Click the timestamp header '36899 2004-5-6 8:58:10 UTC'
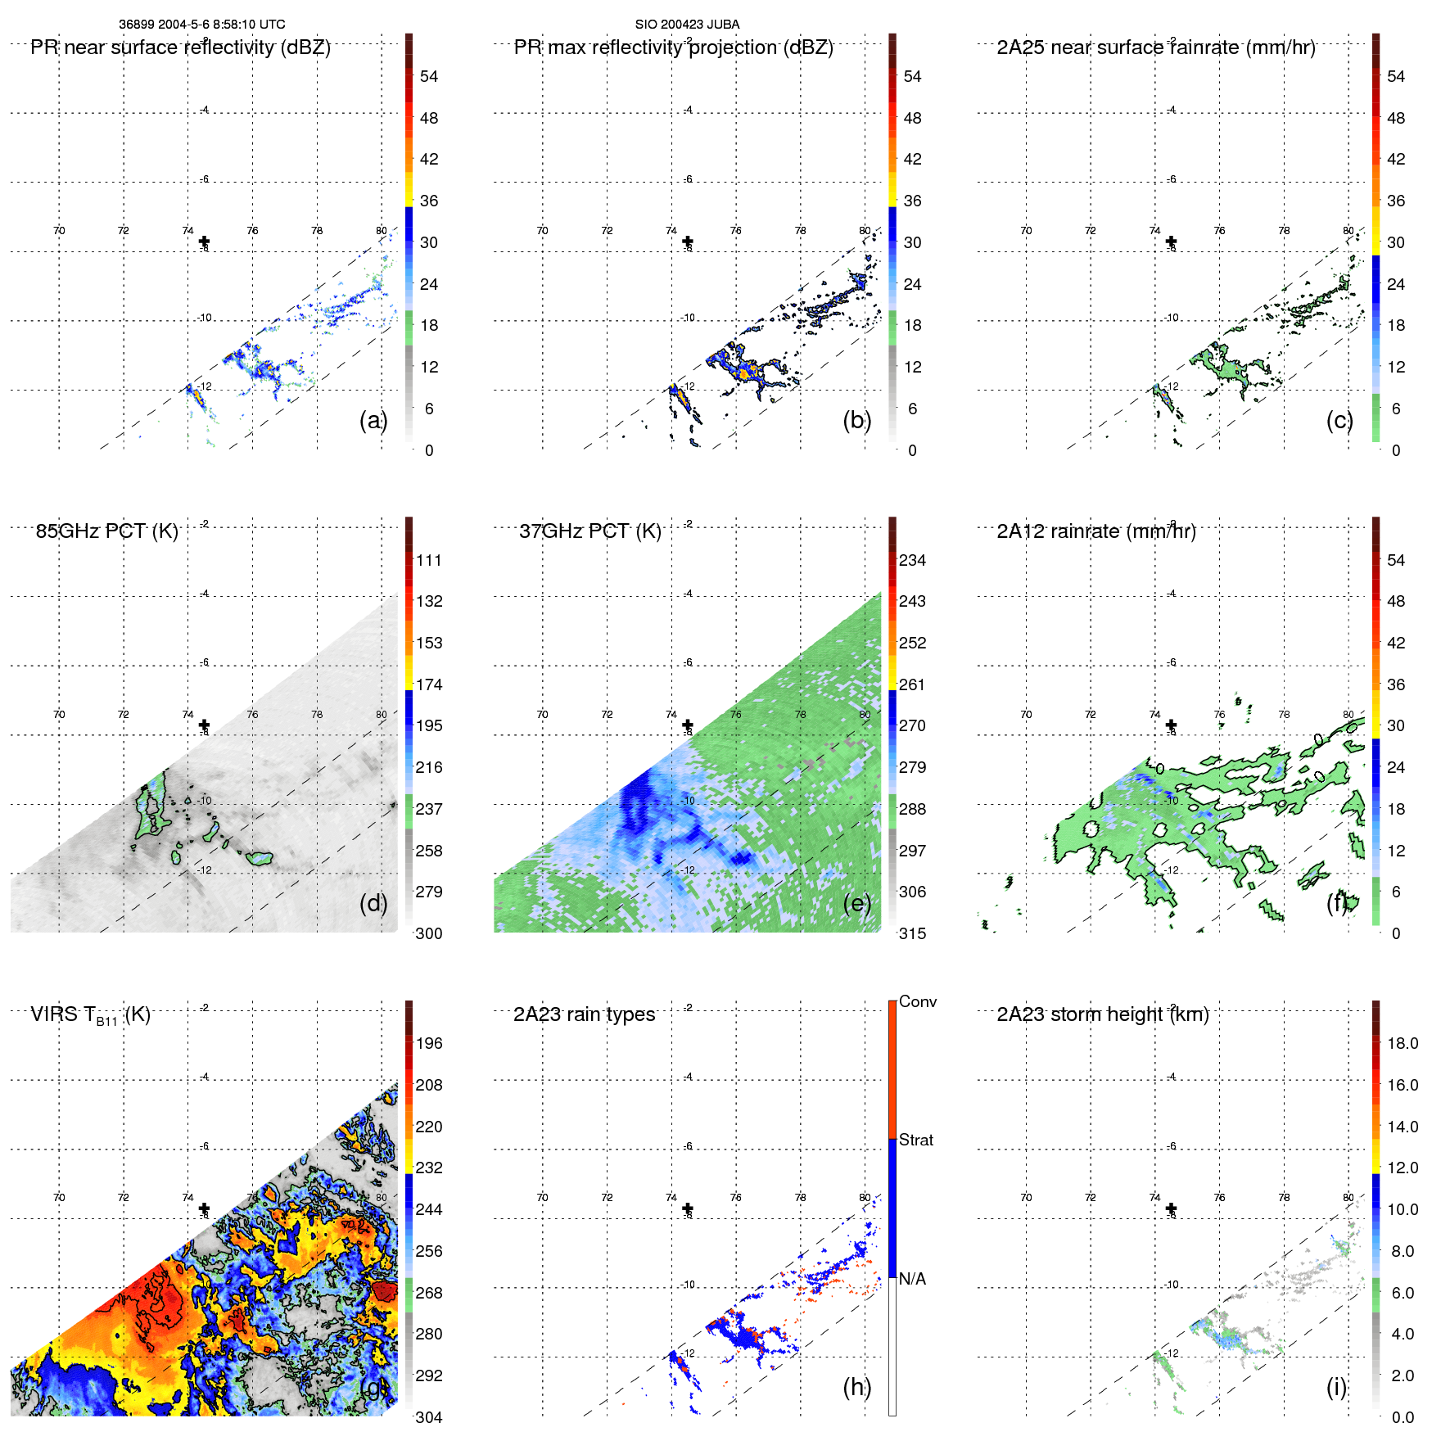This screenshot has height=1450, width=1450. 202,25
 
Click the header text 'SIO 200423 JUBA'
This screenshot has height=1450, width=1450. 687,25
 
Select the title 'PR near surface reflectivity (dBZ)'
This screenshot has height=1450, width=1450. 180,47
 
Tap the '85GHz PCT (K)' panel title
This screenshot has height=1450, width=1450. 106,531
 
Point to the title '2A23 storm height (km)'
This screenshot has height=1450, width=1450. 1102,1014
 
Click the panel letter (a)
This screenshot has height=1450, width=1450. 373,420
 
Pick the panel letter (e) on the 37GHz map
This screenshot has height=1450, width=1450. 857,903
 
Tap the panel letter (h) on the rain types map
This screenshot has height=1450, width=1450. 857,1387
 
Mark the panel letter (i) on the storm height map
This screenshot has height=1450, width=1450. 1336,1387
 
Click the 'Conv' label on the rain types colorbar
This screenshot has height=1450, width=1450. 917,1002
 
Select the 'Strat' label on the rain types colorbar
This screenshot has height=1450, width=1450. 915,1141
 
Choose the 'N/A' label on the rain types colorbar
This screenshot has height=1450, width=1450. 912,1279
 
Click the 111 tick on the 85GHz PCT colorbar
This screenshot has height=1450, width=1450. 429,561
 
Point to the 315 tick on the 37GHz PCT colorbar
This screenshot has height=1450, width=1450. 912,933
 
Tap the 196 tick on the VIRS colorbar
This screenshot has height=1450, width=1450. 429,1044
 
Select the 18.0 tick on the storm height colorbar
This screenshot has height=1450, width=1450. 1402,1044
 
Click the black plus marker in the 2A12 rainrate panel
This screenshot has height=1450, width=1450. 1171,725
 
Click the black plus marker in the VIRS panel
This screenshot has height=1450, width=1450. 204,1208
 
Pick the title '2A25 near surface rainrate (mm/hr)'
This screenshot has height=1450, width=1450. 1155,47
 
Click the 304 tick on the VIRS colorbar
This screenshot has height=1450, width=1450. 429,1417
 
